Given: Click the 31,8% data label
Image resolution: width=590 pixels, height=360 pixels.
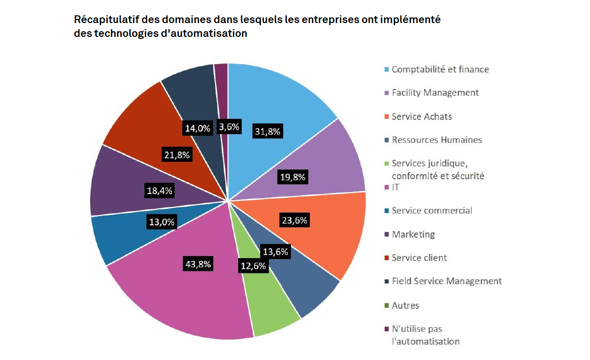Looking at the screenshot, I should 267,132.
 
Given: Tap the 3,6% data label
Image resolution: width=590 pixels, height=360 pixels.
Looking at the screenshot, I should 228,127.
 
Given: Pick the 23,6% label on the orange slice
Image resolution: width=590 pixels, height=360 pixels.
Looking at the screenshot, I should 294,221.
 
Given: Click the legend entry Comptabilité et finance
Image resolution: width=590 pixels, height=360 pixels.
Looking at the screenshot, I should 440,69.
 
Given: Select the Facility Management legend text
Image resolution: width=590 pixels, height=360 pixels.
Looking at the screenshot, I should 435,93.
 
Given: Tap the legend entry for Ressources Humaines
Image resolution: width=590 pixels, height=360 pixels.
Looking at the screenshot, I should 436,140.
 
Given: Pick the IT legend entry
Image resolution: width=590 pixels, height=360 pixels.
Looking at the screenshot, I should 395,187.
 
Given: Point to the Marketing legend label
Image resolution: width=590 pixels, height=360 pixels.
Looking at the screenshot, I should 413,234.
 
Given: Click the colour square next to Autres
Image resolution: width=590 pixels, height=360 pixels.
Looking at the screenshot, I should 386,306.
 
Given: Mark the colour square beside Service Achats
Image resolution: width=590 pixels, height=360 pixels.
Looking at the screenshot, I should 386,117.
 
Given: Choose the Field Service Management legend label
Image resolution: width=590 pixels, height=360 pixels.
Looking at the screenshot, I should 446,281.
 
